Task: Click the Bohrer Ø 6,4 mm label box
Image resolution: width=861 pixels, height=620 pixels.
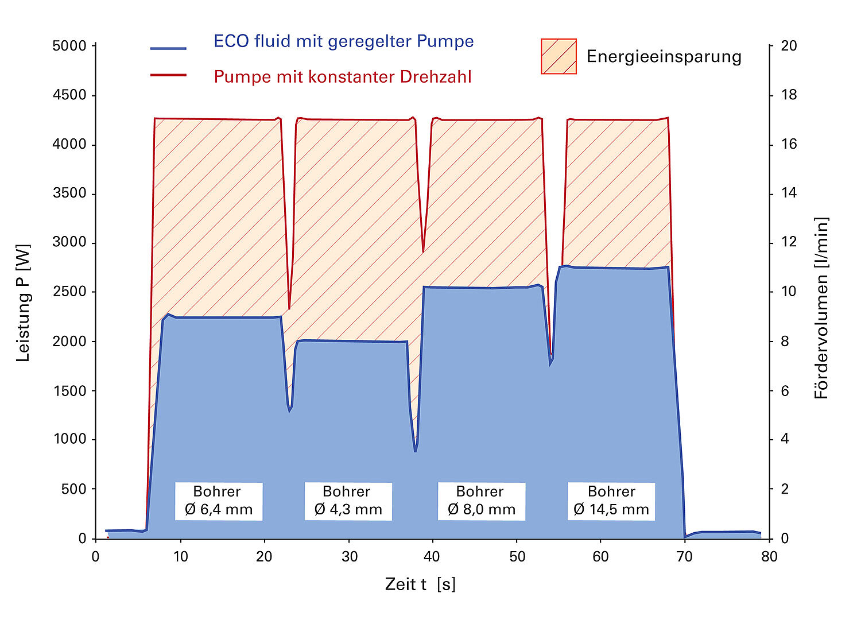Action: pyautogui.click(x=219, y=501)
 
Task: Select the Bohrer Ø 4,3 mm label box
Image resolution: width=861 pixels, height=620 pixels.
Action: pyautogui.click(x=348, y=501)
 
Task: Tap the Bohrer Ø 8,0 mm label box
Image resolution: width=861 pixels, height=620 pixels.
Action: pyautogui.click(x=482, y=501)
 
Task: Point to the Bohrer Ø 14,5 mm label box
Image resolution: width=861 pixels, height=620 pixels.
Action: pyautogui.click(x=611, y=501)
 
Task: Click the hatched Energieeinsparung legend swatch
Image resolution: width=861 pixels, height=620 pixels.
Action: pyautogui.click(x=559, y=56)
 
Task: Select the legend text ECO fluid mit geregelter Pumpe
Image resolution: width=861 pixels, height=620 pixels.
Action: pyautogui.click(x=343, y=41)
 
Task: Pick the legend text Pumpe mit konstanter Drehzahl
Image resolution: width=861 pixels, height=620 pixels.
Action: pyautogui.click(x=342, y=77)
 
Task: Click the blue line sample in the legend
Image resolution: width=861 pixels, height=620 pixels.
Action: pyautogui.click(x=168, y=48)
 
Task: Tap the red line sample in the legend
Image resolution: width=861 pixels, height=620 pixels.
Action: pyautogui.click(x=168, y=75)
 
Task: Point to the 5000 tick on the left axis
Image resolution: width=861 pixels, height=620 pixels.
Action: pyautogui.click(x=69, y=46)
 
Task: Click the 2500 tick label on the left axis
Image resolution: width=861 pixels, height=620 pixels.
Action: pyautogui.click(x=69, y=292)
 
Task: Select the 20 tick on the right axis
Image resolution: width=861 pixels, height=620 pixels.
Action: pyautogui.click(x=789, y=46)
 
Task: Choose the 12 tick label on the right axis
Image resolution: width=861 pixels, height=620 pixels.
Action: pyautogui.click(x=789, y=242)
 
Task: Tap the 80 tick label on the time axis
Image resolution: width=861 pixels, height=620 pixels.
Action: pyautogui.click(x=769, y=556)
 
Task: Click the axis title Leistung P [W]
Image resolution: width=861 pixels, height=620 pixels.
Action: pyautogui.click(x=23, y=303)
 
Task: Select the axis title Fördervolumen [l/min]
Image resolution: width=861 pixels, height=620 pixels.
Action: pyautogui.click(x=822, y=308)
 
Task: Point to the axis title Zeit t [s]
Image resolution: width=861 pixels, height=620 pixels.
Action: pyautogui.click(x=420, y=584)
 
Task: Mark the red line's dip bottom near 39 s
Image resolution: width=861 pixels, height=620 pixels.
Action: pyautogui.click(x=423, y=251)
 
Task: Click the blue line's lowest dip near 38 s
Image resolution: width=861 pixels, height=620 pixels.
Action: pyautogui.click(x=416, y=451)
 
